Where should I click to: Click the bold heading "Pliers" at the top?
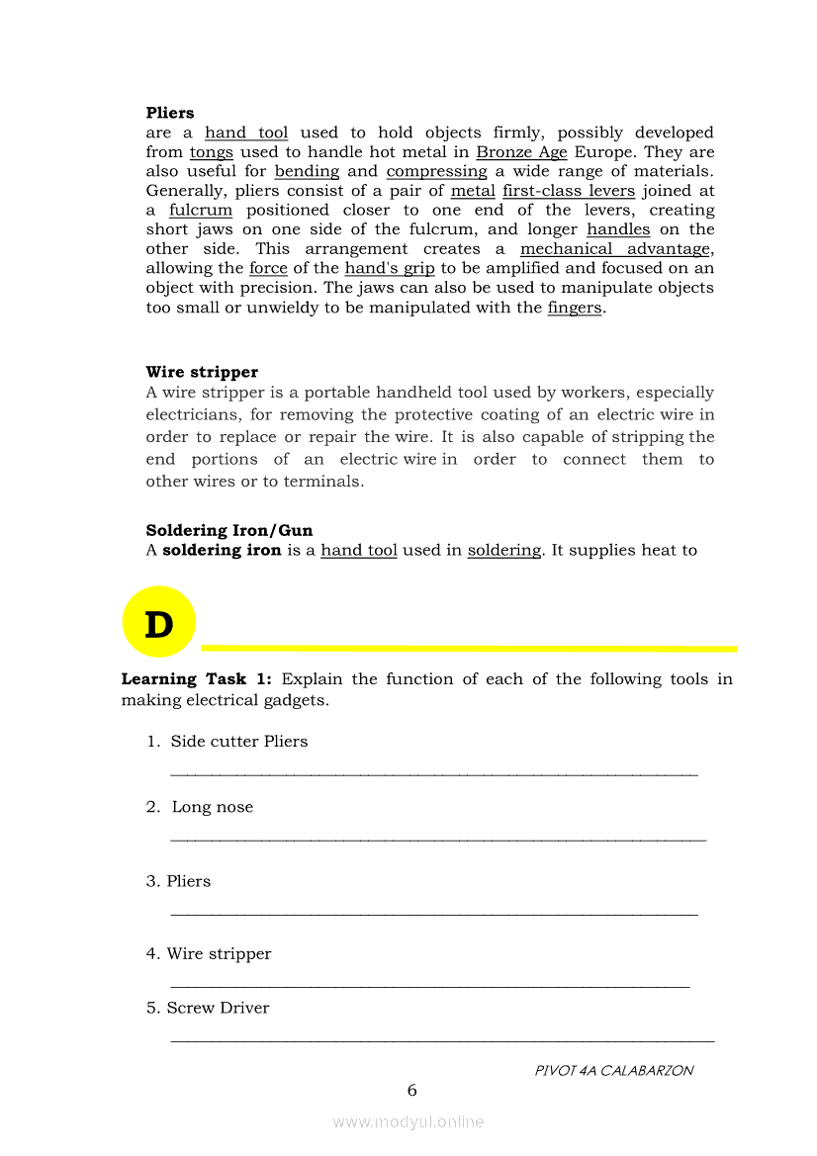point(170,114)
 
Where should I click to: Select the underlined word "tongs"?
point(211,152)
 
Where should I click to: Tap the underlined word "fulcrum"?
point(201,211)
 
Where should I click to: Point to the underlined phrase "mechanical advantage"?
point(615,249)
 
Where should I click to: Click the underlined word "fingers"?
point(575,308)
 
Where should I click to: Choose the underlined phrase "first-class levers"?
point(569,191)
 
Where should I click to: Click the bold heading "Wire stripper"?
point(202,373)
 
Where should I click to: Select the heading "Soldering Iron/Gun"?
point(229,531)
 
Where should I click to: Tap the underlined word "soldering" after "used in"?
point(504,551)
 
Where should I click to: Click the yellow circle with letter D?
point(158,623)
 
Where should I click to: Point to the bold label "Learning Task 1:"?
point(196,679)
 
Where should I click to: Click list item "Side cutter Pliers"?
point(238,742)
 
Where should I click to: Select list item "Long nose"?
point(212,807)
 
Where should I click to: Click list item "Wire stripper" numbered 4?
point(219,954)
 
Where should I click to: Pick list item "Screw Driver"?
point(218,1009)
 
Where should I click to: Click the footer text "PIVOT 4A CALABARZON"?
point(613,1070)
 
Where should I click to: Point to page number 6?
point(412,1091)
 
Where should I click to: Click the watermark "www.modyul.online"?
point(408,1121)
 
